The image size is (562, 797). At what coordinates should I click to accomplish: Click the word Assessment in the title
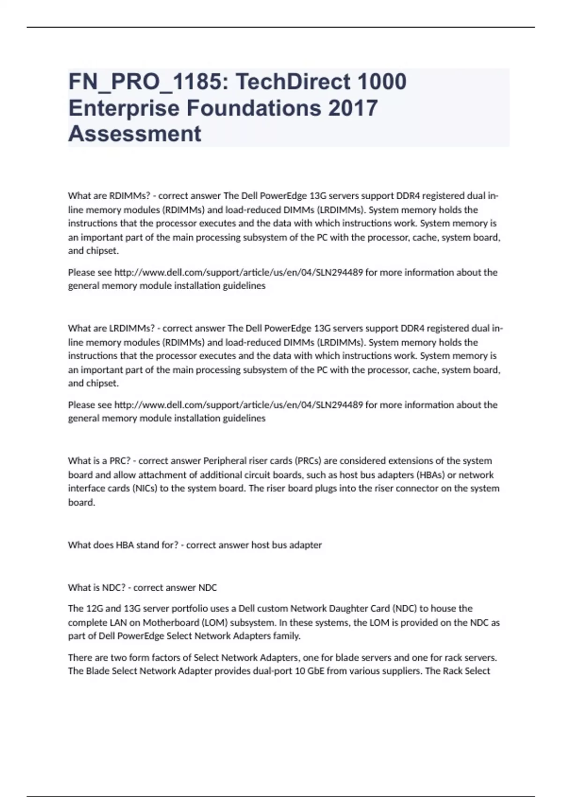point(134,134)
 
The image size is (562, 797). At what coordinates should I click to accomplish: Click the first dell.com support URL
point(238,272)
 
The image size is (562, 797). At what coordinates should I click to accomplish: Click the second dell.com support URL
point(238,405)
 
